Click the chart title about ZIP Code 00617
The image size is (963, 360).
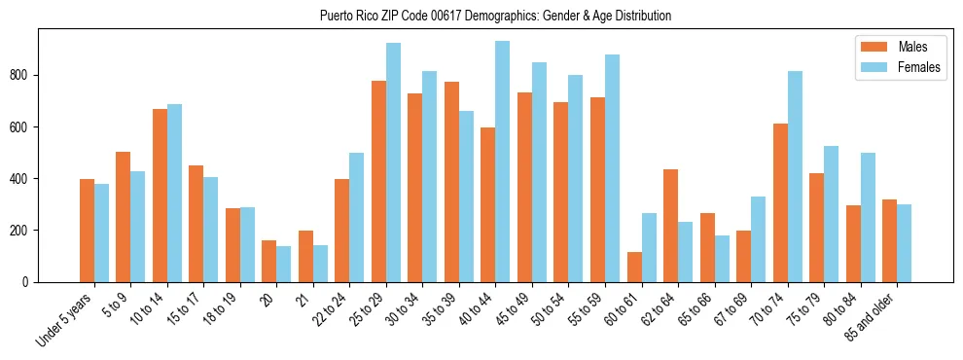tap(495, 16)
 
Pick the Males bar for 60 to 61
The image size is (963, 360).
tap(634, 267)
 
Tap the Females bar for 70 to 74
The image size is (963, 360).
tap(795, 176)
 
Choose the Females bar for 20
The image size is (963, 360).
tap(284, 264)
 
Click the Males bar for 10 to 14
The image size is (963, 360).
tap(160, 196)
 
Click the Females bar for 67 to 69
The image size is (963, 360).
tap(758, 239)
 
